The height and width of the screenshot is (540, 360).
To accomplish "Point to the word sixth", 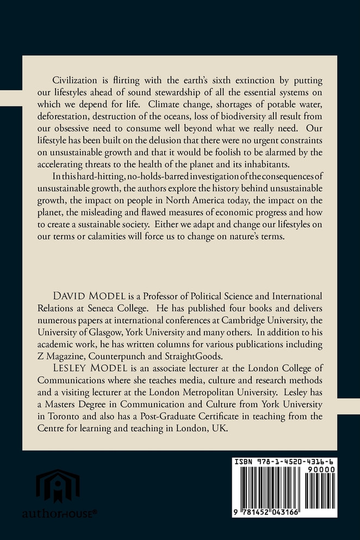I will pyautogui.click(x=228, y=79).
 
